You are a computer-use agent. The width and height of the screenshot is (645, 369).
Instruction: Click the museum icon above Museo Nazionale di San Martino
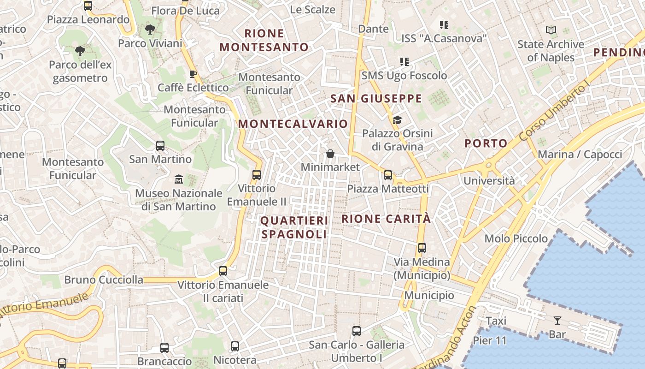tap(178, 179)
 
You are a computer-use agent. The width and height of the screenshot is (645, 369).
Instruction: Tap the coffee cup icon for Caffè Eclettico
tap(193, 74)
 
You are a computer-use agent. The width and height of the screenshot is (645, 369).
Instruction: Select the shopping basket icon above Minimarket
tap(330, 154)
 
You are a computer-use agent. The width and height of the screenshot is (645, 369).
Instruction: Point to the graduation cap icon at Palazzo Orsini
tap(397, 120)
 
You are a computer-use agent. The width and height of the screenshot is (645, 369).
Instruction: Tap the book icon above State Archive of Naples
tap(551, 31)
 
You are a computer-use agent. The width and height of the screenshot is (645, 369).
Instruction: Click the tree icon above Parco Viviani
tap(150, 30)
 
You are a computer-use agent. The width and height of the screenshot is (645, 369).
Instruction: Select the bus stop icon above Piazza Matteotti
tap(388, 175)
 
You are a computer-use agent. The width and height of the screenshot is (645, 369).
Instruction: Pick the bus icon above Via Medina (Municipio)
tap(422, 248)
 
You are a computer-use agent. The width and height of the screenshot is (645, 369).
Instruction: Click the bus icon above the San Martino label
tap(160, 146)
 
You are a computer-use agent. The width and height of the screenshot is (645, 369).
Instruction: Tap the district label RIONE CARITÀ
tap(386, 219)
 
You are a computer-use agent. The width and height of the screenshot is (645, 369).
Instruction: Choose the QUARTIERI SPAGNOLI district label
tap(294, 227)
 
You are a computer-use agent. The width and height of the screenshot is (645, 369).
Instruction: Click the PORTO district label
tap(486, 143)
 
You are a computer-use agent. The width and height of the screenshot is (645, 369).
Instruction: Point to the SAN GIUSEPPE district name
tap(376, 98)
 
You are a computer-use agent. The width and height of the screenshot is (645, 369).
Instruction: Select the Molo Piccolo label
tap(516, 238)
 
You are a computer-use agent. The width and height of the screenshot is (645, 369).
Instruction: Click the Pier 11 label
tap(490, 341)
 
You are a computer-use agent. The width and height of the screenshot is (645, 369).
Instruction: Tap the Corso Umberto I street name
tap(554, 112)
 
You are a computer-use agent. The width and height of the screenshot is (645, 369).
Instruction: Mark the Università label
tap(489, 180)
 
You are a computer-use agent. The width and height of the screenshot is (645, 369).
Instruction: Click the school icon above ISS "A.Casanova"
tap(444, 25)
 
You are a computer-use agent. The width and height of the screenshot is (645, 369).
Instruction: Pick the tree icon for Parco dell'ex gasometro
tap(80, 51)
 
